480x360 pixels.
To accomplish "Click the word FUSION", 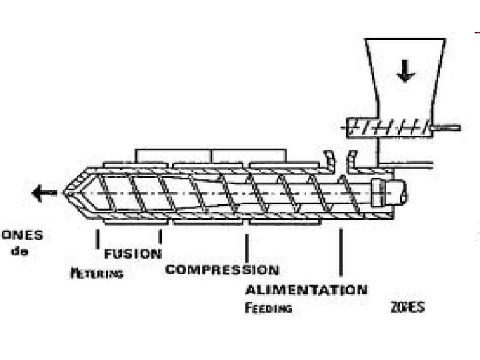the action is tap(133, 254).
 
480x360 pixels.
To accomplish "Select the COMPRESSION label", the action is tap(222, 269).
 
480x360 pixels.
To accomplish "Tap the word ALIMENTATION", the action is tap(305, 290).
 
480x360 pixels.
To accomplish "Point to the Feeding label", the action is tap(268, 308).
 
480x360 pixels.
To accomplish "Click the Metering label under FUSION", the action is tap(97, 273).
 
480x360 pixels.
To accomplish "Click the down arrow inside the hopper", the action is tap(403, 71).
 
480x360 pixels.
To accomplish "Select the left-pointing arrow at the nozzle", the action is tap(45, 193).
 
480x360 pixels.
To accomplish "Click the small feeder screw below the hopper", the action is tap(387, 126).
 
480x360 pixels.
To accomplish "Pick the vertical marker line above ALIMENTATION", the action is tap(341, 252).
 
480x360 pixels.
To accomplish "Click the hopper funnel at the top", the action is tap(404, 73).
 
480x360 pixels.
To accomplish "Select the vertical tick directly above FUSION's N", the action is tap(160, 237).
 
